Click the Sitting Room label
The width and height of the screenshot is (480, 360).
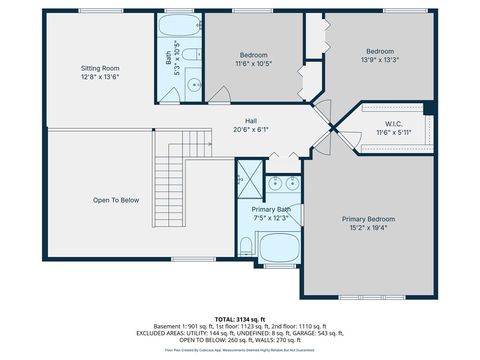pos(99,68)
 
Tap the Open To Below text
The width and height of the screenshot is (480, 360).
pos(116,200)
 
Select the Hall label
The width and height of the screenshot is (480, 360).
pos(251,119)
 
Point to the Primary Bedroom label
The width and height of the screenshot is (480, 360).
pos(368,219)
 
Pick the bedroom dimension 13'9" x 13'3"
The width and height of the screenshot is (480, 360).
pos(379,59)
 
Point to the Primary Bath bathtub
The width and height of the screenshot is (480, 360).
pos(278,247)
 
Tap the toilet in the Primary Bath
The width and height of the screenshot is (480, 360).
pos(246,245)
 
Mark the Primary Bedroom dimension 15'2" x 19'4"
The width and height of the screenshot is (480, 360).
pos(368,228)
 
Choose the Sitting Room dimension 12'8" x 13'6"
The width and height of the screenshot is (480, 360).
pos(99,77)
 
